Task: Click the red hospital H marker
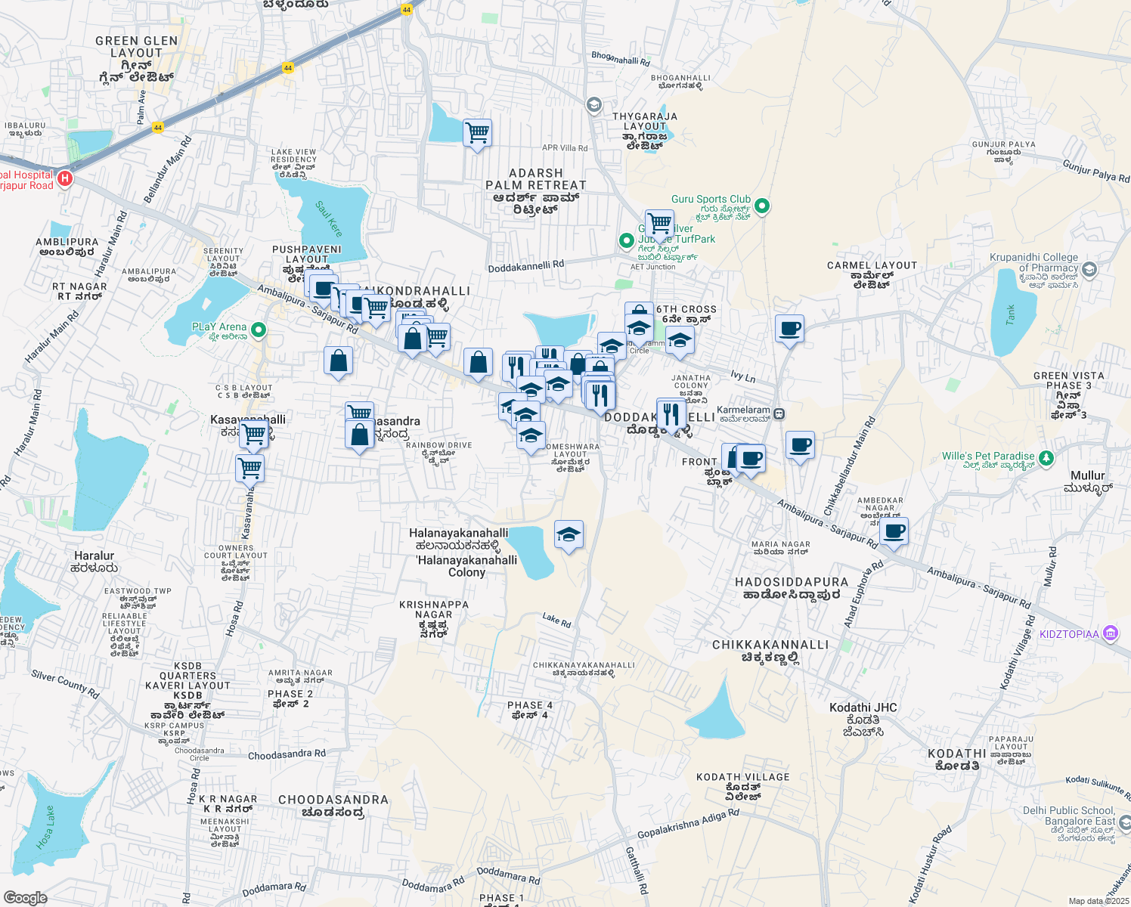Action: coord(66,179)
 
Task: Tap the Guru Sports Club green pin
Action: coord(762,205)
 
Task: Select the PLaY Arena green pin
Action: coord(259,330)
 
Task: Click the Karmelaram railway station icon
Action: coord(779,414)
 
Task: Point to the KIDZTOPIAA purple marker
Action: coord(1110,633)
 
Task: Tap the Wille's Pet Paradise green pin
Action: coord(1046,457)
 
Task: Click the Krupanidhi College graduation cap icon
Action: coord(1089,268)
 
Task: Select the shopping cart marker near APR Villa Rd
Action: coord(477,134)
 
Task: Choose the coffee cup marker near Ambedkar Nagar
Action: coord(894,531)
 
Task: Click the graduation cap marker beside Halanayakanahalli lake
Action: coord(569,535)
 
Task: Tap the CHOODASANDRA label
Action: coord(333,800)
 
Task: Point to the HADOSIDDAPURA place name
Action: coord(792,582)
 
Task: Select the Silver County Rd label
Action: coord(65,683)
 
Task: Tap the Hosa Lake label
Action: coord(46,828)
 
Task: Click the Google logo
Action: coord(26,898)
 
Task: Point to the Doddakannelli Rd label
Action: coord(526,266)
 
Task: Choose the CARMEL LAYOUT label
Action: coord(872,265)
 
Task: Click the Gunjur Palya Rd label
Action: coord(1095,172)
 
